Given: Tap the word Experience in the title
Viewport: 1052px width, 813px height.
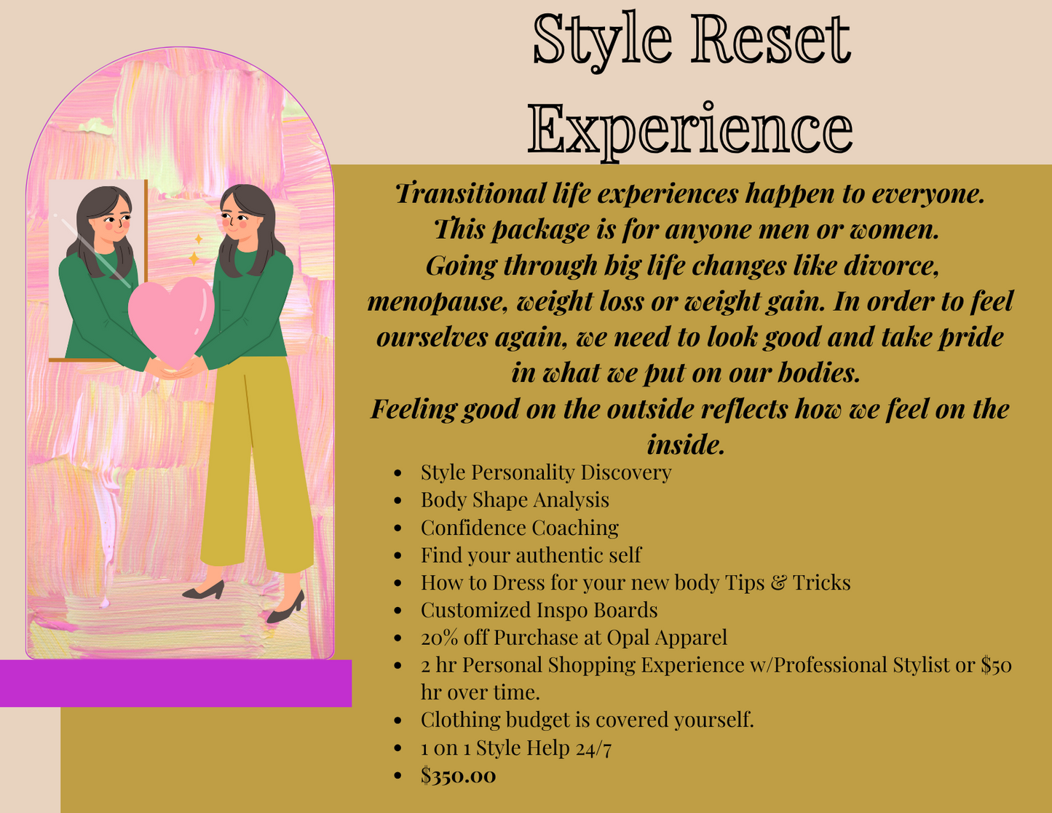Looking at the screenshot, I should (690, 130).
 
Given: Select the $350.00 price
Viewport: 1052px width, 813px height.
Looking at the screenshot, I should (458, 775).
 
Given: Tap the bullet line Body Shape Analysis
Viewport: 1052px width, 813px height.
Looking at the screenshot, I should (515, 500).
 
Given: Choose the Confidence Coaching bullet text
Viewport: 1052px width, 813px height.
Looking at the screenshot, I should (519, 528).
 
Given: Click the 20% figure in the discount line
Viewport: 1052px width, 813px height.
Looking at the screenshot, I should (439, 638).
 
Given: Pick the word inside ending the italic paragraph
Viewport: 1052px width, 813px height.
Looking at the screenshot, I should (686, 444).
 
